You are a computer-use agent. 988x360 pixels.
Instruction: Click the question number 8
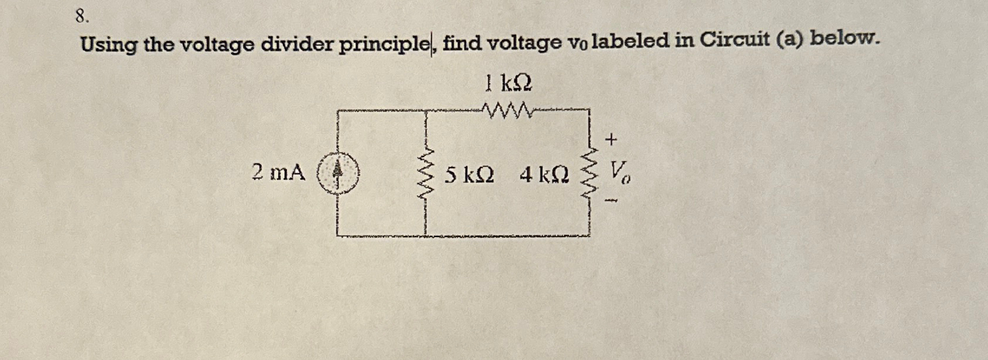82,16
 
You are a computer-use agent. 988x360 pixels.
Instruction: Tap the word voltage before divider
216,45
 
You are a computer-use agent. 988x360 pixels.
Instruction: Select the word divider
297,44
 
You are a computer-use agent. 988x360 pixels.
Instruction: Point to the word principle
384,44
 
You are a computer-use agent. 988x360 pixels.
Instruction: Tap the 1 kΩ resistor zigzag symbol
508,109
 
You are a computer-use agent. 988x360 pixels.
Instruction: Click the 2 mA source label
278,172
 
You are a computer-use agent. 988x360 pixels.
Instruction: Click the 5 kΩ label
469,175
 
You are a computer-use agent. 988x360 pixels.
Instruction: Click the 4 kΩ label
544,175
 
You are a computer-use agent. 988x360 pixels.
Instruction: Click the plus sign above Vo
611,140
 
